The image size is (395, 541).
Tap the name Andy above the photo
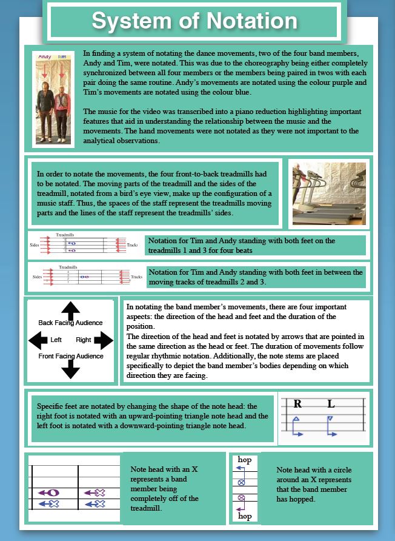[x=44, y=56]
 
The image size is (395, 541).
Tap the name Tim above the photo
[x=61, y=56]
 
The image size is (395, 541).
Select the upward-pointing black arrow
[x=71, y=311]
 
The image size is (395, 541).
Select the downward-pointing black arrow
[x=71, y=369]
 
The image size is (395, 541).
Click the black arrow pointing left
[x=38, y=340]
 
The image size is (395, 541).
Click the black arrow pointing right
[x=104, y=340]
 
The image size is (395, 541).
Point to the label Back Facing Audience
[x=70, y=323]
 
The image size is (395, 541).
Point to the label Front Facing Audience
[x=71, y=356]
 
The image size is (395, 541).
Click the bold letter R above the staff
[x=297, y=404]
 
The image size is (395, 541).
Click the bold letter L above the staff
[x=331, y=404]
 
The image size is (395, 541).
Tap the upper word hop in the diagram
[x=245, y=460]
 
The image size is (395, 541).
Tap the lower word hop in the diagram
[x=245, y=516]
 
